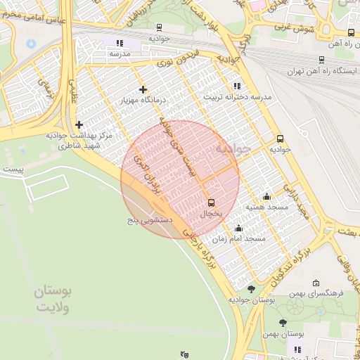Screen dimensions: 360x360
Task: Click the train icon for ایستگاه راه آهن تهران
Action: coord(321,60)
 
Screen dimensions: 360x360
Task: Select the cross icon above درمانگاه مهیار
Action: coord(143,89)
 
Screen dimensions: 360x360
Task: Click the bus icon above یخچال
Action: coord(211,202)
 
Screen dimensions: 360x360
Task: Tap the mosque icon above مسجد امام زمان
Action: coord(238,228)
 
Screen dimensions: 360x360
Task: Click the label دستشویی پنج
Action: coord(149,220)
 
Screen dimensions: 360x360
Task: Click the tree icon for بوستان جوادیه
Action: coord(251,289)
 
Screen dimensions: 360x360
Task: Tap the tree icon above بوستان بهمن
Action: coord(283,323)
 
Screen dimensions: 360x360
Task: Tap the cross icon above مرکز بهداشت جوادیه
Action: coord(79,124)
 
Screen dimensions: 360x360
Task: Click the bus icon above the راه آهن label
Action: coord(351,33)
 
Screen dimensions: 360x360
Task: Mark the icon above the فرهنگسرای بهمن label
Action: coord(315,283)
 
